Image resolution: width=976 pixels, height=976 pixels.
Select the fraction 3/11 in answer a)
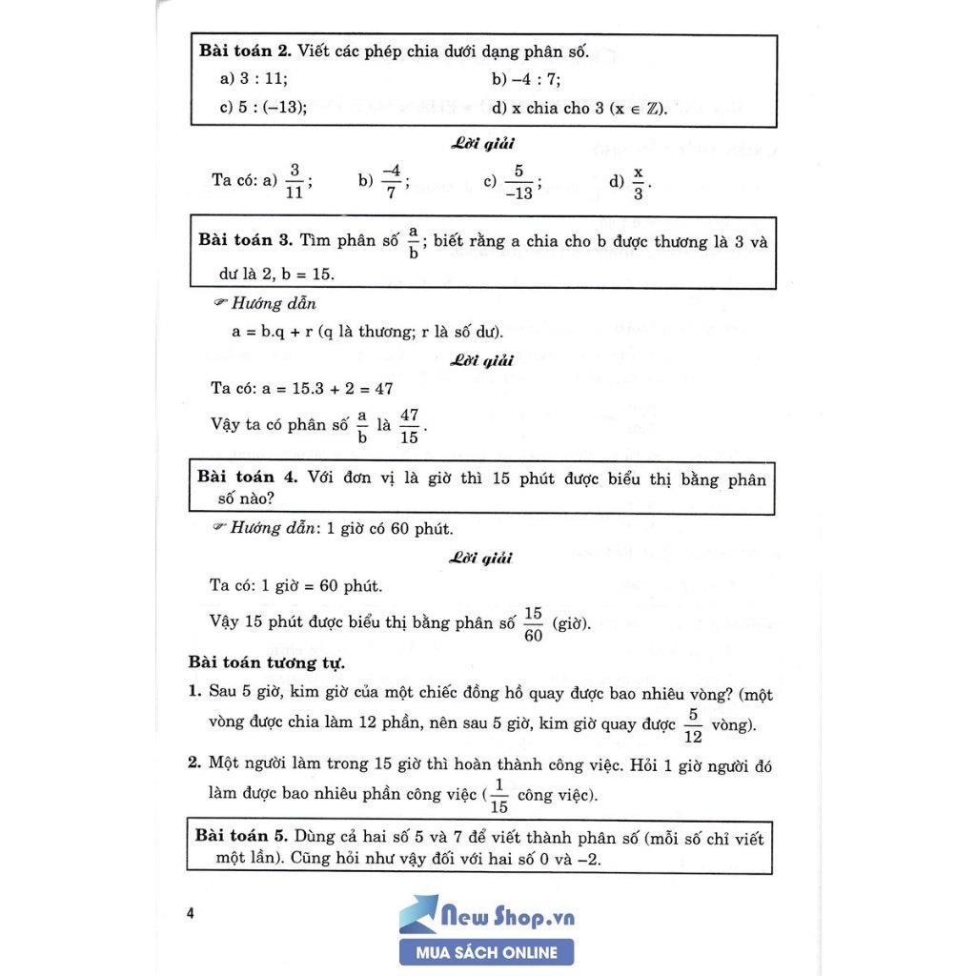coord(295,180)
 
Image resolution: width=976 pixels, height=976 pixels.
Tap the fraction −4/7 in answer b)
coord(390,180)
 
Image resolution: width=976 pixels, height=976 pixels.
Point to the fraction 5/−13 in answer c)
coord(518,180)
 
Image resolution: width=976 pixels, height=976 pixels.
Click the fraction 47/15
coord(410,425)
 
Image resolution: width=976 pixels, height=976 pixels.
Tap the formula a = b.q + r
coord(272,332)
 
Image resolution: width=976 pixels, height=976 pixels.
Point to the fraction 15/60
coord(533,624)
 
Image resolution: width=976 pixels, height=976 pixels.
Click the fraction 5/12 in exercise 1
coord(694,725)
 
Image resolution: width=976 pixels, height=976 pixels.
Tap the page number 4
coord(191,913)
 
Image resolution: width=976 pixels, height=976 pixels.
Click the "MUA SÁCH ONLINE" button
coord(487,951)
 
